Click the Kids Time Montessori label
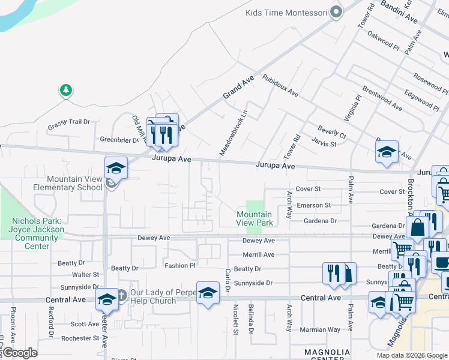tap(286, 13)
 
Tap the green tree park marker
tap(65, 91)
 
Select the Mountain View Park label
tap(255, 218)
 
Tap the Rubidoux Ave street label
tap(280, 85)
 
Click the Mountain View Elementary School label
tap(74, 183)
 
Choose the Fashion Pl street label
tap(180, 265)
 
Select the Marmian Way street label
tap(321, 329)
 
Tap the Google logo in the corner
tap(20, 353)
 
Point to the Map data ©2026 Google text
tap(412, 355)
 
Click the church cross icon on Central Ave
tap(121, 295)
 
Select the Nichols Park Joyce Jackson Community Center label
tap(37, 229)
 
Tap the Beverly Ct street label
tap(332, 132)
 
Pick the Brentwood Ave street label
tap(382, 101)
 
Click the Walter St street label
tap(86, 275)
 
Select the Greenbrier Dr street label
tap(119, 140)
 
